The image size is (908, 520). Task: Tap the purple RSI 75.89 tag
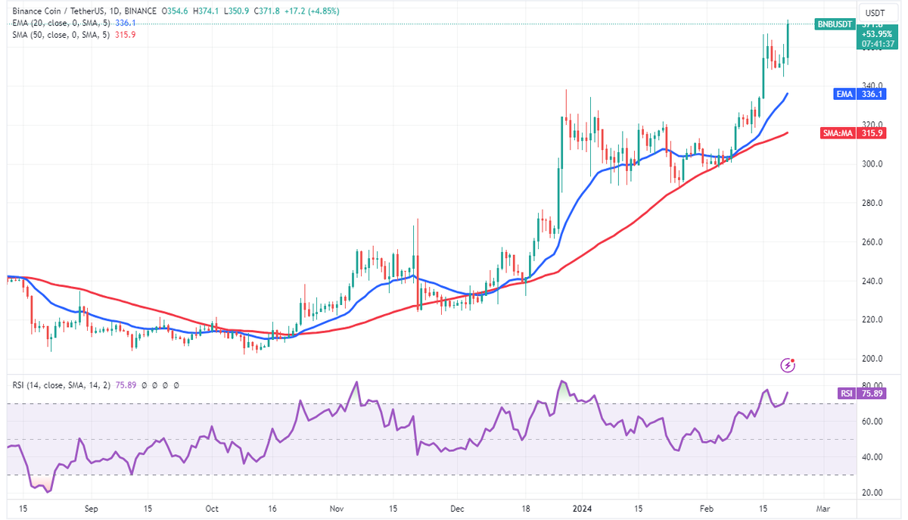[x=844, y=394]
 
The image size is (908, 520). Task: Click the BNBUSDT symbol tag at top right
[x=835, y=24]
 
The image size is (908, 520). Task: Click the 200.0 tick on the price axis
[x=872, y=359]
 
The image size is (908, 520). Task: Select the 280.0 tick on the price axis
[x=872, y=203]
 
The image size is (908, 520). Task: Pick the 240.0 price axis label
[x=872, y=281]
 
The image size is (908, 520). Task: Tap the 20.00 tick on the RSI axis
[x=872, y=492]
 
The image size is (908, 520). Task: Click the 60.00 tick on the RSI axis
[x=872, y=421]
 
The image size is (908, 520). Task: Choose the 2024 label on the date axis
[x=582, y=509]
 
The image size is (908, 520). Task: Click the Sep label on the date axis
[x=91, y=509]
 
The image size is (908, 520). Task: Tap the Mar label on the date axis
[x=823, y=509]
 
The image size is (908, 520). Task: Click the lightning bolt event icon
[x=788, y=366]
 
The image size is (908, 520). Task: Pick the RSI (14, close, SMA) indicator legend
[x=61, y=385]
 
